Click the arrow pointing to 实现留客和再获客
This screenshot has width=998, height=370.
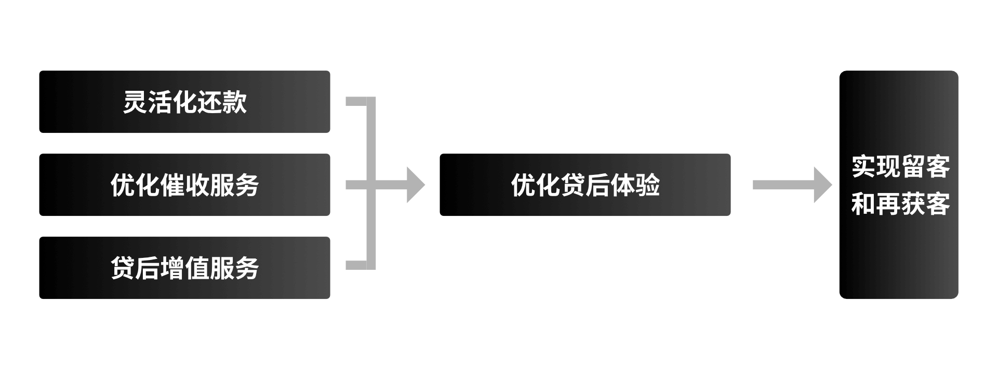coord(792,185)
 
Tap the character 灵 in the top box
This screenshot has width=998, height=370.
coord(135,102)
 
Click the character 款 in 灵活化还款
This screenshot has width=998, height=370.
coord(234,102)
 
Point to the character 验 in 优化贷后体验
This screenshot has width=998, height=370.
coord(647,185)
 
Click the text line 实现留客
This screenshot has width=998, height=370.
coord(900,167)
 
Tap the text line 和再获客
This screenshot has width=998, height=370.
coord(900,204)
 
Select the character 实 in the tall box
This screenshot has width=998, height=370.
coord(863,167)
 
